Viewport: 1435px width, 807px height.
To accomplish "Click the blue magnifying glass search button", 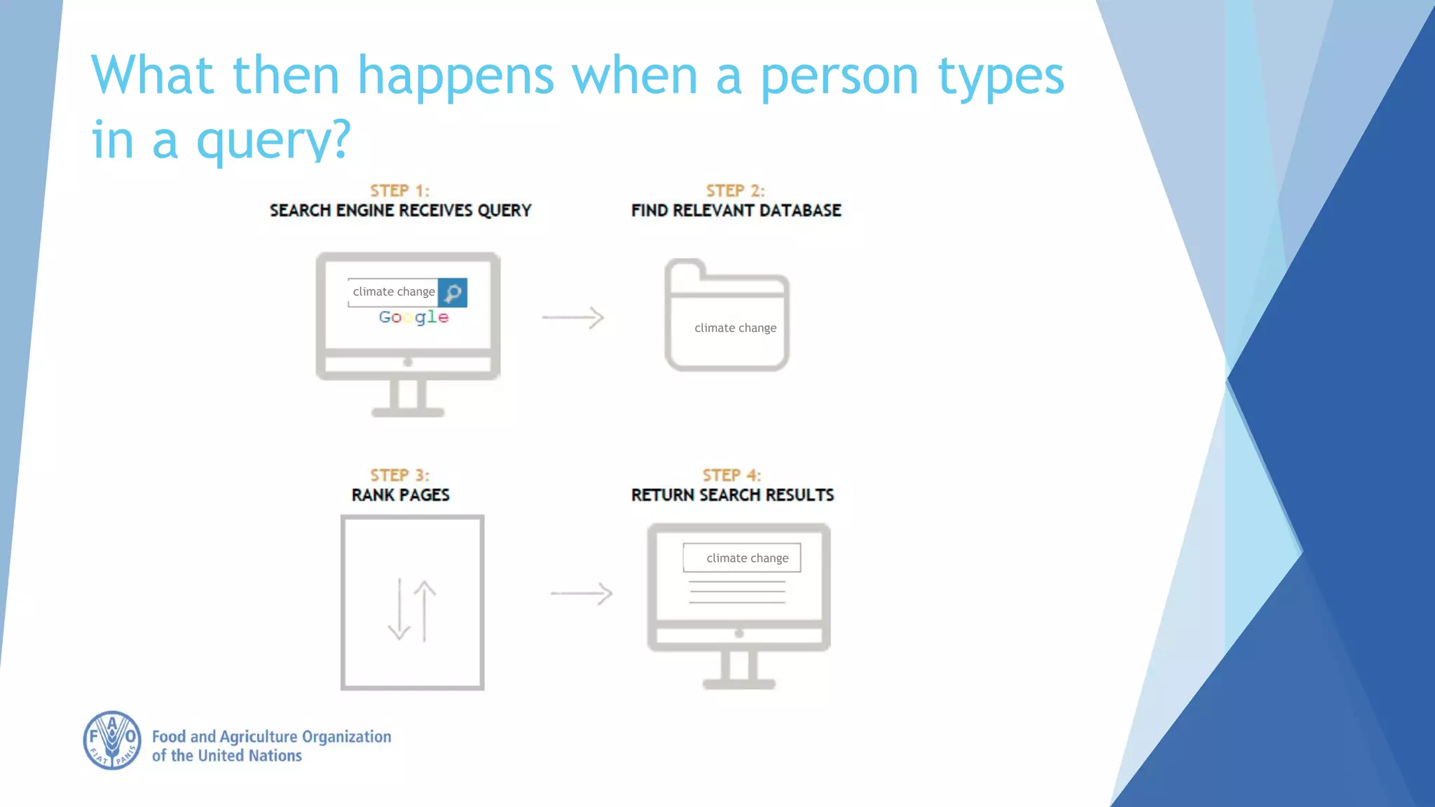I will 453,293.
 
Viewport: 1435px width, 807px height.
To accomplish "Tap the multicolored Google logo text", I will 413,317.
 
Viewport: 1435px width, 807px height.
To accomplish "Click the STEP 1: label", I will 399,191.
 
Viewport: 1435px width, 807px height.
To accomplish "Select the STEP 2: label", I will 735,191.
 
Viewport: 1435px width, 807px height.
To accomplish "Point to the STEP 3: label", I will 399,475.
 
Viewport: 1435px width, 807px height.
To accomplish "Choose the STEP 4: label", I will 732,475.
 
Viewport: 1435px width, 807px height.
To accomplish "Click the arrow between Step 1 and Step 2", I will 572,317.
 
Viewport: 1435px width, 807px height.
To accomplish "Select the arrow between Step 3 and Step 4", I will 581,593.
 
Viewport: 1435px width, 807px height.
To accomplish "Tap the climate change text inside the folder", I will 735,328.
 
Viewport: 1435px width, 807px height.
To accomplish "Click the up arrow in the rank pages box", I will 425,609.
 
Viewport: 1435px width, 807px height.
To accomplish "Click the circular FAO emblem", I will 112,740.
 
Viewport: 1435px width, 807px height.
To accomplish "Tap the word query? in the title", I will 273,140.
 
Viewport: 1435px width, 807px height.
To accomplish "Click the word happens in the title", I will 455,76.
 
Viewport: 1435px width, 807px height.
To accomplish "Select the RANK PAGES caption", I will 400,495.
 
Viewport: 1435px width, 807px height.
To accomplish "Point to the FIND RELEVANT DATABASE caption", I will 736,211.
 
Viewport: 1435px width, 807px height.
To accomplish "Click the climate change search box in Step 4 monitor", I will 742,558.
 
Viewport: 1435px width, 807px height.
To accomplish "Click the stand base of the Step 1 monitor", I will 408,412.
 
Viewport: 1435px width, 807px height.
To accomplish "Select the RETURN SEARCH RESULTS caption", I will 732,495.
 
